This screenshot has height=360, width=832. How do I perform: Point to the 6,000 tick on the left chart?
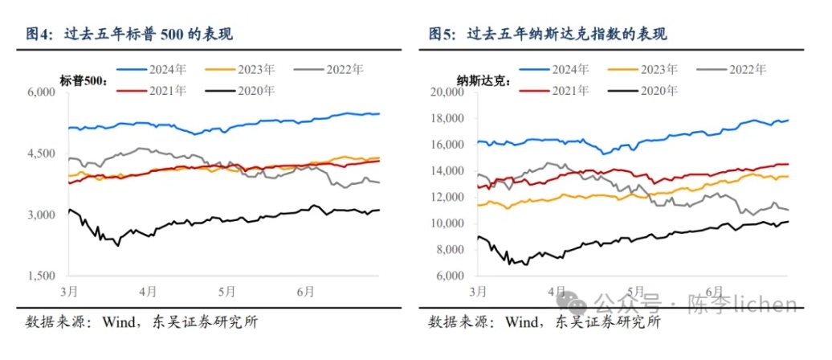[39, 93]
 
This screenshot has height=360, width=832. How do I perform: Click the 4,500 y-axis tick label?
[39, 154]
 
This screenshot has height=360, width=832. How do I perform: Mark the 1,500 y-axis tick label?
[39, 276]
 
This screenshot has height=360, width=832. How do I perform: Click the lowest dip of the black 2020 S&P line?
[118, 245]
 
